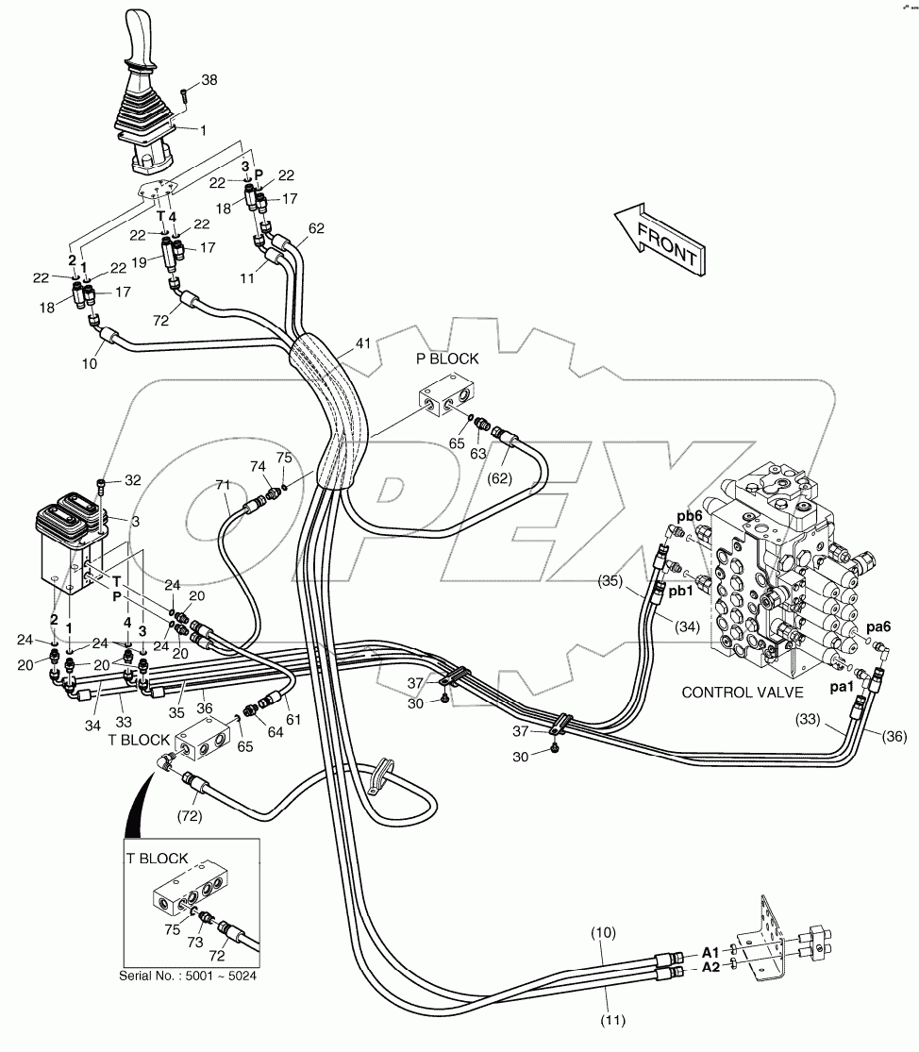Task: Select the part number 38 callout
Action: [x=209, y=80]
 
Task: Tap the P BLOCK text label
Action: [x=447, y=359]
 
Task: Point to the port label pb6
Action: [x=690, y=516]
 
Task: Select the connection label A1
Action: [x=710, y=953]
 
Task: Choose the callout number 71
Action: [x=223, y=484]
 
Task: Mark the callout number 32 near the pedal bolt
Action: [x=132, y=480]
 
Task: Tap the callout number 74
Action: [x=258, y=466]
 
